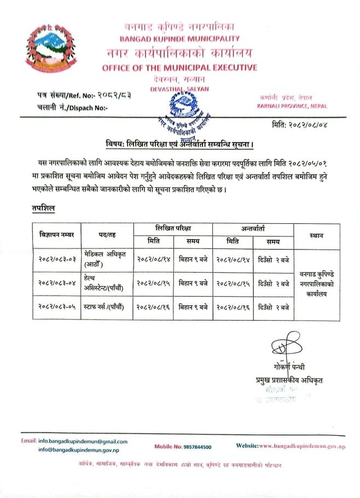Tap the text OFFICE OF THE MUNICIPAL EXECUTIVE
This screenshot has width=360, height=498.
click(x=179, y=68)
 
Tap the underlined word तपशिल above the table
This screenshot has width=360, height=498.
click(x=43, y=209)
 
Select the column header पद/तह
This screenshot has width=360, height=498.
click(x=107, y=235)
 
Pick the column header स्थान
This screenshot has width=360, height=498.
click(x=316, y=235)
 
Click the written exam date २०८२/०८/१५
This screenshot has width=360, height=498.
click(x=153, y=283)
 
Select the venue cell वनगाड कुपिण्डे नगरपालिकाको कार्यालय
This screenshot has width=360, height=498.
click(x=317, y=283)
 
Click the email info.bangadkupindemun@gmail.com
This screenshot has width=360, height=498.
click(x=82, y=441)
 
